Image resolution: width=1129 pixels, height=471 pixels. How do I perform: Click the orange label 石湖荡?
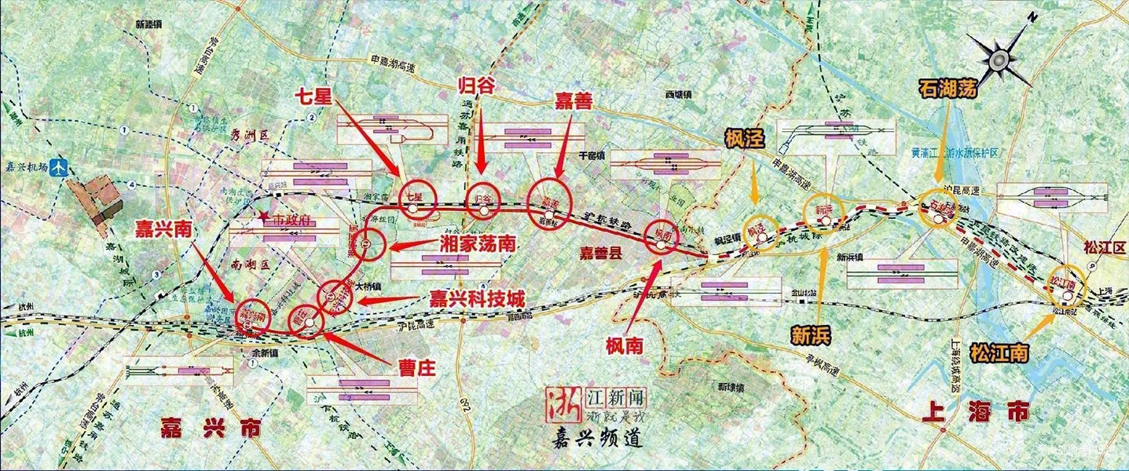[948, 88]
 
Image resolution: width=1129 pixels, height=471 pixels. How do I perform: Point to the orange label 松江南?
[999, 352]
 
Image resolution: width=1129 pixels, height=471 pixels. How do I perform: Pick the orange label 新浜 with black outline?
[811, 336]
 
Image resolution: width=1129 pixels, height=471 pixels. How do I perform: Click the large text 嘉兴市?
[200, 428]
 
